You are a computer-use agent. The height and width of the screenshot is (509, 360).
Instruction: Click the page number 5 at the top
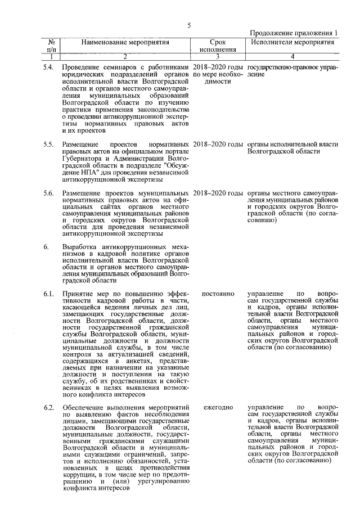click(190, 25)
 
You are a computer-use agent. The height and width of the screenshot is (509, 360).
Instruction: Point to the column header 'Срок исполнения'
click(217, 46)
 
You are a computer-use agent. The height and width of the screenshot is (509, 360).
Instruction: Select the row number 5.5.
click(48, 145)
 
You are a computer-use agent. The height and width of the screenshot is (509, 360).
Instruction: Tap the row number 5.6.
click(48, 193)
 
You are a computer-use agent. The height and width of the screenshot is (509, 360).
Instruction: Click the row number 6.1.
click(48, 294)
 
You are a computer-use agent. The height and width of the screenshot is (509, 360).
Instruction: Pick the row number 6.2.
click(48, 407)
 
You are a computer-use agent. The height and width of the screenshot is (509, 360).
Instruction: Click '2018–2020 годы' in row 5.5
click(218, 145)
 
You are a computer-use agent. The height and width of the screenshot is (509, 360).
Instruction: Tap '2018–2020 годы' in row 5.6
click(218, 193)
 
